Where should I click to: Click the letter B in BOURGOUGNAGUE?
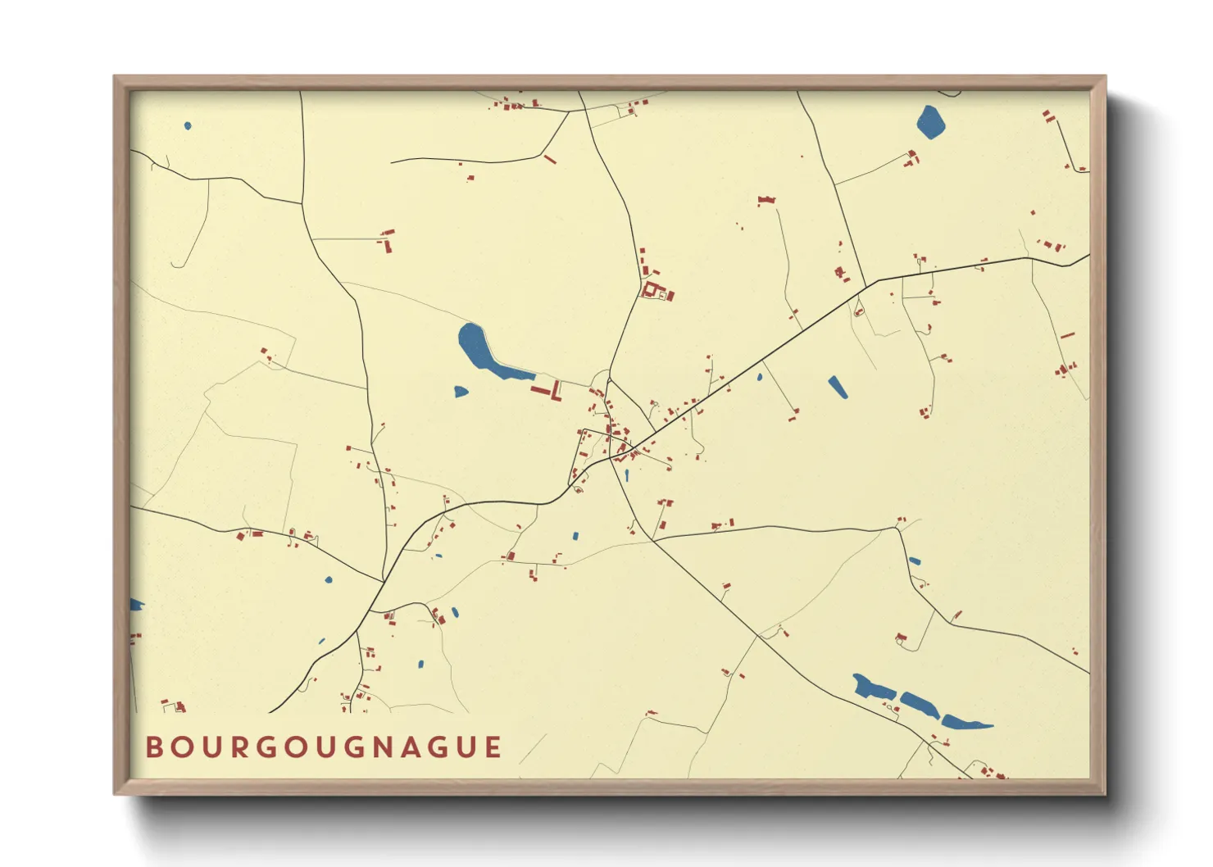click(x=153, y=747)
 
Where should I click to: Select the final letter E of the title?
click(x=493, y=747)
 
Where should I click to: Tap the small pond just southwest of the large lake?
click(x=461, y=392)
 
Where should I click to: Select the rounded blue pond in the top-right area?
click(x=930, y=122)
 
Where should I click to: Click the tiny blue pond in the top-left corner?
click(x=188, y=125)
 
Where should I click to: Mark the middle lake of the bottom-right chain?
click(x=920, y=704)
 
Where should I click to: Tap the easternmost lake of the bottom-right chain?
click(x=964, y=723)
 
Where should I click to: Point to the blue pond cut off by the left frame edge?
click(x=135, y=605)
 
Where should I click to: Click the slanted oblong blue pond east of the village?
click(x=837, y=387)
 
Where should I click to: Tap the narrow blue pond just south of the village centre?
click(x=626, y=474)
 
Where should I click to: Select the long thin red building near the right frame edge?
click(x=1067, y=335)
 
